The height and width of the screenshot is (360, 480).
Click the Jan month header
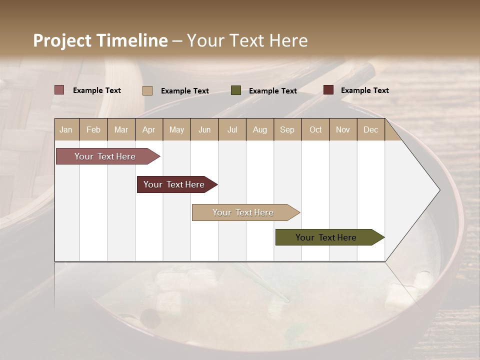coord(66,129)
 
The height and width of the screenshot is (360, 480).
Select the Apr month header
coord(148,129)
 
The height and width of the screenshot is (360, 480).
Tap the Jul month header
coord(232,129)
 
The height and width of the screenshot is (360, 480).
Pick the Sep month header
coord(287,129)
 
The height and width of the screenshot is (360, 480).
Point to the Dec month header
coord(370,129)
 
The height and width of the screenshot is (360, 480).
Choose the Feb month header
coord(93,129)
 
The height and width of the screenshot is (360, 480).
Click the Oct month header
coord(315,129)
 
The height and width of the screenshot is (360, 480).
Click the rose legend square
coord(59,90)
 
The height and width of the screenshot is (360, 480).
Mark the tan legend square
coord(147,90)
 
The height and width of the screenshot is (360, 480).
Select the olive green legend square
coord(236,90)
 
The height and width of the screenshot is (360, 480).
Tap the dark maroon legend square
coord(328,90)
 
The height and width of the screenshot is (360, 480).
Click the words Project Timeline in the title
coord(100,40)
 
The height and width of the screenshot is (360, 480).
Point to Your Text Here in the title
coord(247,40)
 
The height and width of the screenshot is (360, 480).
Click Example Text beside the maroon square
coord(364,90)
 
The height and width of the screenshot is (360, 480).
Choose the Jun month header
coord(204,129)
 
